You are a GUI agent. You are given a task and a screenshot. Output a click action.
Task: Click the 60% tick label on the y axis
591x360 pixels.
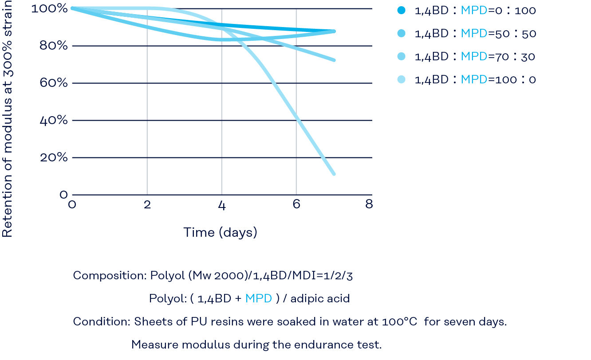(x=54, y=83)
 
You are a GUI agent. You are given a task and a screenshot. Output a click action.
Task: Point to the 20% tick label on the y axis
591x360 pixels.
(x=54, y=157)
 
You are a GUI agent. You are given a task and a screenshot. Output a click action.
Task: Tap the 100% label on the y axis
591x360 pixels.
(x=50, y=8)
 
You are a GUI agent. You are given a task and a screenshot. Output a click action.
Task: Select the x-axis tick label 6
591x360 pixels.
(x=296, y=205)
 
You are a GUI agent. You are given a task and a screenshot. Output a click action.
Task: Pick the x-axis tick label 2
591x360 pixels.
(x=147, y=205)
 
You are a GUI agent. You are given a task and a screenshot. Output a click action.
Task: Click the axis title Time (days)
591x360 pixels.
(x=221, y=232)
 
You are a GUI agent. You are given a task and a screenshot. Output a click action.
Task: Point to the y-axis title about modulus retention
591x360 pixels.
(x=7, y=120)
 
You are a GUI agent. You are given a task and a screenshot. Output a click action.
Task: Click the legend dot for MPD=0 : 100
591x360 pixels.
(x=402, y=10)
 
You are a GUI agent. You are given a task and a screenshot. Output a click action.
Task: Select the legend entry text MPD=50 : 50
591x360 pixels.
(x=475, y=33)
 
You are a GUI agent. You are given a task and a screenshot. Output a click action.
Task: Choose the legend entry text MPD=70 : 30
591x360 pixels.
(x=475, y=57)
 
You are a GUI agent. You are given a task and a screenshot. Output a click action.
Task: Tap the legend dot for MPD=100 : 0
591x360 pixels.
(x=402, y=80)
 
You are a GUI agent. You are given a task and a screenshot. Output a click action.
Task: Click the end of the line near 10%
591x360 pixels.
(x=333, y=174)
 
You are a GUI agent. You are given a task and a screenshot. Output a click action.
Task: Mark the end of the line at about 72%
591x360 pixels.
(x=333, y=60)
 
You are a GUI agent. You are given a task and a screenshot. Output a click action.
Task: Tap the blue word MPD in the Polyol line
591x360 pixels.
(x=259, y=298)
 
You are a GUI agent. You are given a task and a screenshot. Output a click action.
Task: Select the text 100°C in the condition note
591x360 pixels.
(x=399, y=321)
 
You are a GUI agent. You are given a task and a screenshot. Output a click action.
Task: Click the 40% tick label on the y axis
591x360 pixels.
(x=54, y=120)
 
